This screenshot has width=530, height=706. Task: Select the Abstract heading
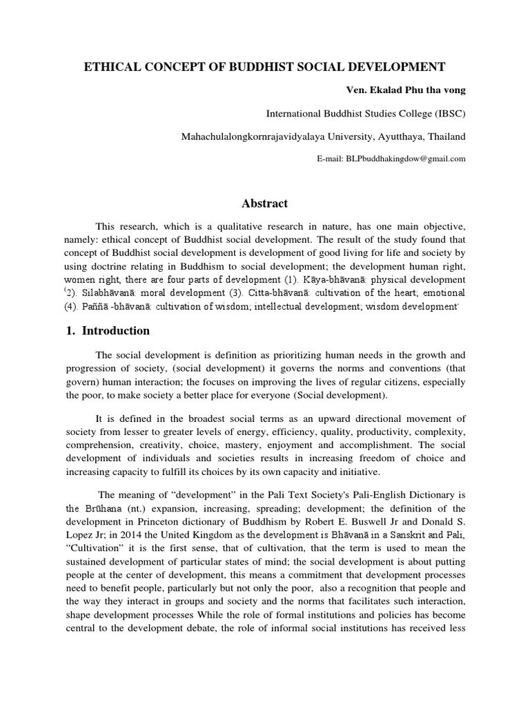click(x=264, y=203)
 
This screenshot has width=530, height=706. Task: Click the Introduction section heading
click(x=116, y=330)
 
